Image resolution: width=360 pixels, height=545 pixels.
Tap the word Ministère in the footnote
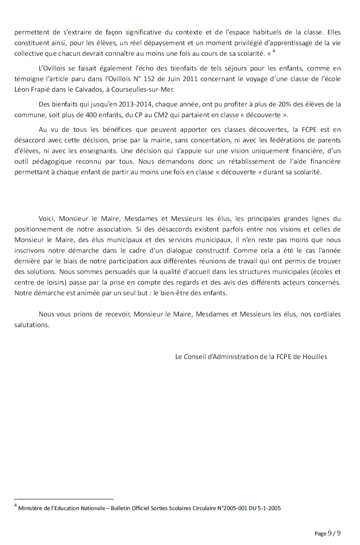click(x=30, y=508)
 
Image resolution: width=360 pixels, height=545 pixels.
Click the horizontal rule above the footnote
click(x=63, y=499)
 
